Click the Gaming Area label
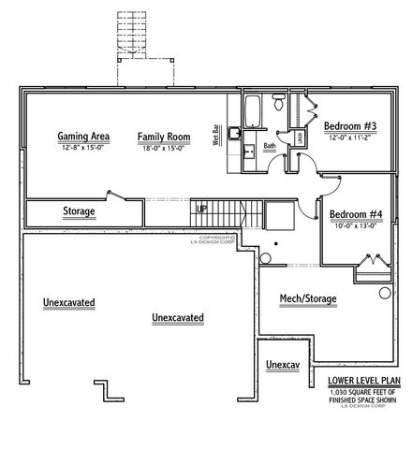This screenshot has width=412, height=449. click(83, 136)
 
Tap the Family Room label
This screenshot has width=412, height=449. click(164, 136)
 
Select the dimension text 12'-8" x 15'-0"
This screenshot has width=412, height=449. click(83, 147)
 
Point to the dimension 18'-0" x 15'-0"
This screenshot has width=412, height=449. click(164, 147)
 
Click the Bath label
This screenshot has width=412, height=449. click(270, 146)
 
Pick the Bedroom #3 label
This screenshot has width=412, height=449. click(350, 126)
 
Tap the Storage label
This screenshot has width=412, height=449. click(79, 211)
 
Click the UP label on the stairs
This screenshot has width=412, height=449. click(201, 208)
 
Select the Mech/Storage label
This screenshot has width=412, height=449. click(308, 299)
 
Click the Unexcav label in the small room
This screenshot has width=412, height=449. click(282, 364)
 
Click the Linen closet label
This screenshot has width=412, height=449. click(299, 138)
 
